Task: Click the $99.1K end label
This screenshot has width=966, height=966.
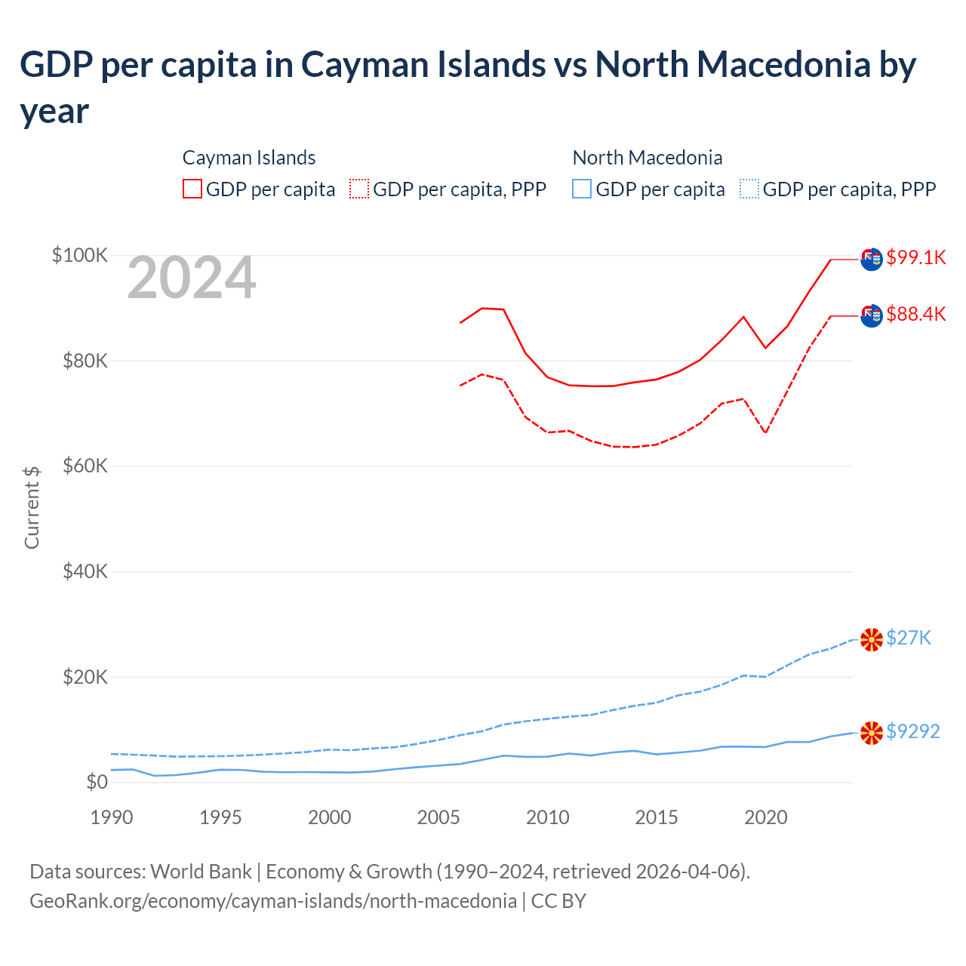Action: point(915,257)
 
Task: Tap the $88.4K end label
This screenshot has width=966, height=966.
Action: point(915,314)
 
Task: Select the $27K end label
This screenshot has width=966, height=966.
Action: point(909,638)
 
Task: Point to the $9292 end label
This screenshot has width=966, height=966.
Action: point(912,731)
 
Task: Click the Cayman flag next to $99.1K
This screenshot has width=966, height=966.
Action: point(872,259)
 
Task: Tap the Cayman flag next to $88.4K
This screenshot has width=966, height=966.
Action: point(872,315)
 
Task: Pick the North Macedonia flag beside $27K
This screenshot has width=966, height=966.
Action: point(872,640)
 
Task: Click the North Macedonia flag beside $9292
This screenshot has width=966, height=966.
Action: point(872,733)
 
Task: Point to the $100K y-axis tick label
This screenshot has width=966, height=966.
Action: point(80,255)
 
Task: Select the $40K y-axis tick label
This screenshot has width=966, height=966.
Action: point(84,571)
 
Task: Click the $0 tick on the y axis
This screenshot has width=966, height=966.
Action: point(97,782)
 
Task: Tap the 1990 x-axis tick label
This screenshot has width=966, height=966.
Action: point(112,817)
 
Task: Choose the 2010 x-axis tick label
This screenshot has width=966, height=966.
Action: point(548,817)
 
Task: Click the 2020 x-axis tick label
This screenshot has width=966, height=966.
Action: point(766,817)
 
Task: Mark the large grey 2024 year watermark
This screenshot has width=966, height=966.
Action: point(192,278)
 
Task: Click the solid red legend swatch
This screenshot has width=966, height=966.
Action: point(192,189)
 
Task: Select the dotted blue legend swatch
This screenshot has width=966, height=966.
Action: point(749,189)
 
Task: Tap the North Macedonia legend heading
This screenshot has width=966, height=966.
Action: point(648,158)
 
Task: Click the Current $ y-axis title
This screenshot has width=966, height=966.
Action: point(32,507)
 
